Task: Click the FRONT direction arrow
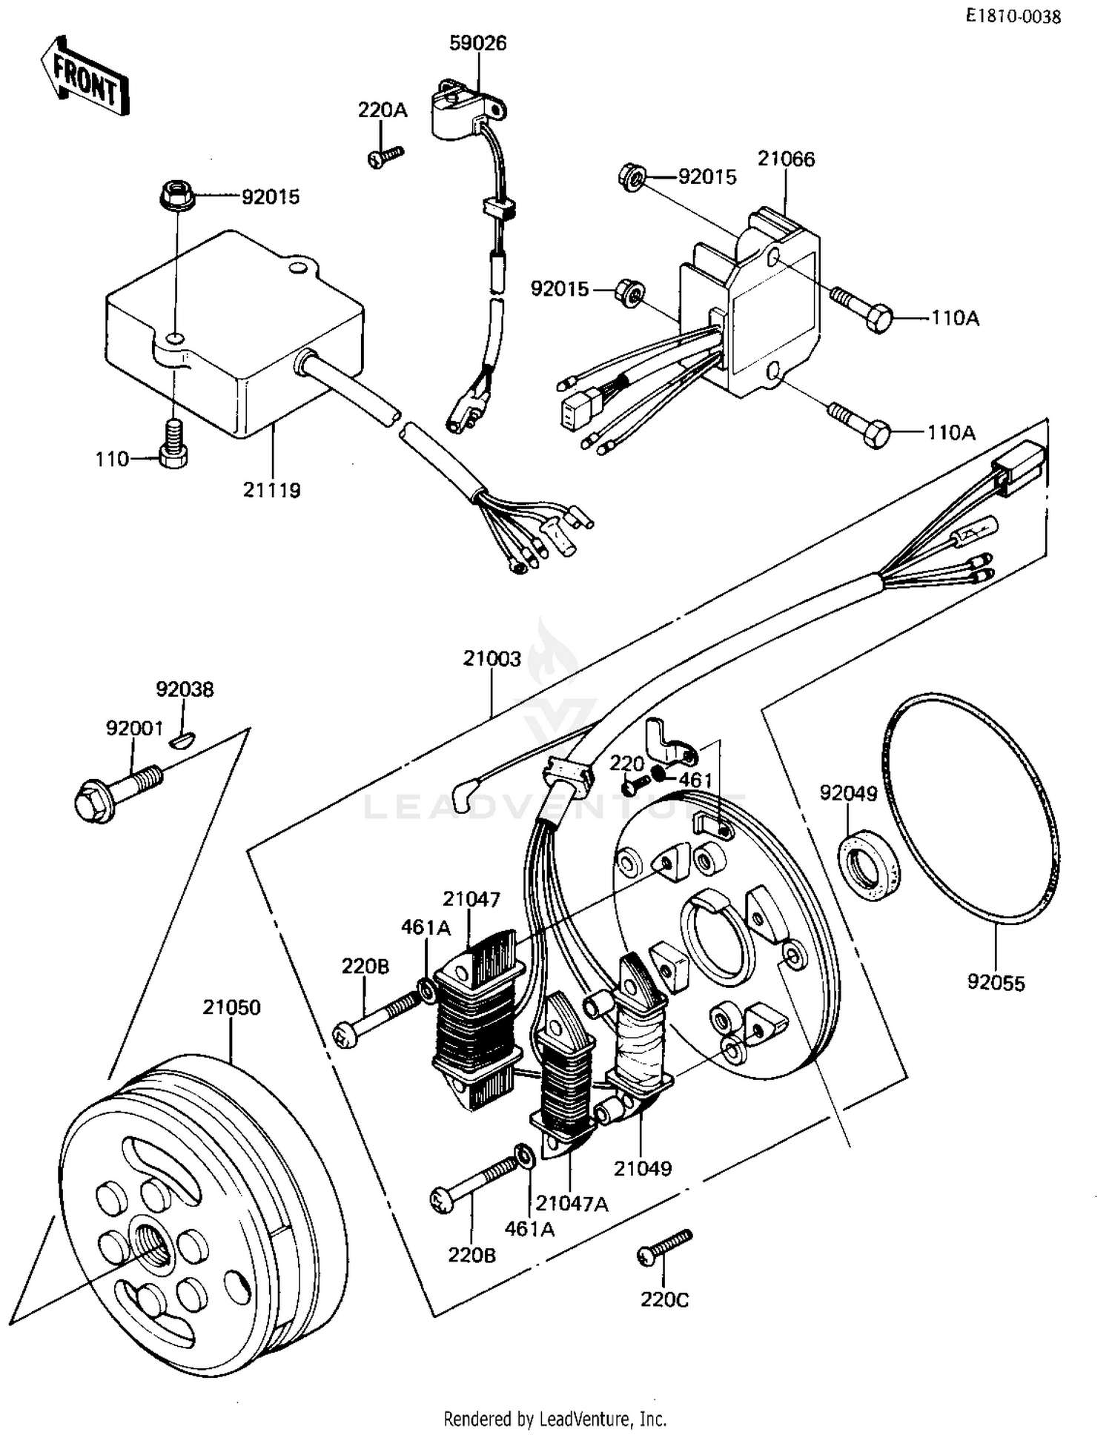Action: [84, 76]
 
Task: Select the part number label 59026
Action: [478, 44]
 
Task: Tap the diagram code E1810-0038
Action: [1013, 16]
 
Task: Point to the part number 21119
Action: [272, 490]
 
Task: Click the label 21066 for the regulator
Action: [786, 159]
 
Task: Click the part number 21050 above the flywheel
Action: [231, 1007]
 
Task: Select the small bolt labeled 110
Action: [173, 447]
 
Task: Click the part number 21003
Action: [492, 658]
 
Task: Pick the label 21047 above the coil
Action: [471, 899]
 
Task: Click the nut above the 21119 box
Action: [176, 196]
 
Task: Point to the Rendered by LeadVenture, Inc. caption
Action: [555, 1419]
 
